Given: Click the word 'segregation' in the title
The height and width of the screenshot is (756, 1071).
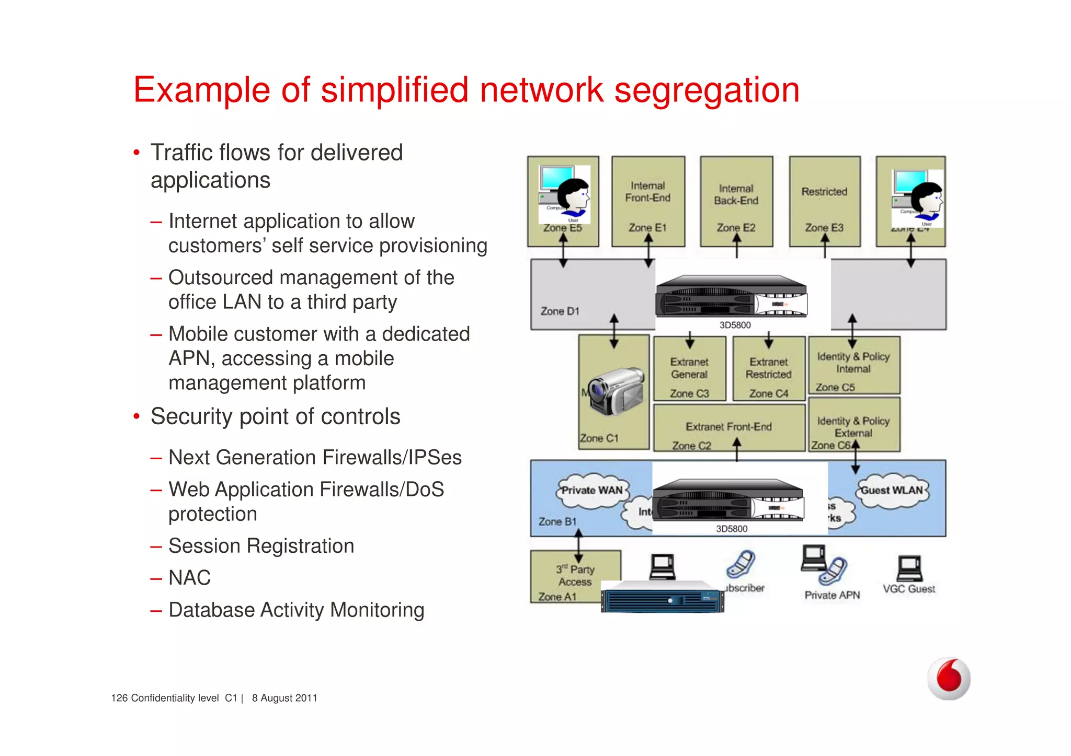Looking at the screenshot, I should (707, 90).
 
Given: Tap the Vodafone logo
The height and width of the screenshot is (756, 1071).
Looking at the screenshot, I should (949, 678).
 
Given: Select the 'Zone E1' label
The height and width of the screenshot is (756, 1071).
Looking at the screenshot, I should (647, 228).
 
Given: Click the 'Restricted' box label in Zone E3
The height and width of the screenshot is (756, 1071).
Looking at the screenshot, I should (824, 192).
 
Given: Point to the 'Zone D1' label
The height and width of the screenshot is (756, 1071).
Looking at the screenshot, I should (560, 311).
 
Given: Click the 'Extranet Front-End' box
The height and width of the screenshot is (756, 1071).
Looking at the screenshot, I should (728, 427).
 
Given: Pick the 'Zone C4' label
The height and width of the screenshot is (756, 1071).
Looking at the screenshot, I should (768, 393).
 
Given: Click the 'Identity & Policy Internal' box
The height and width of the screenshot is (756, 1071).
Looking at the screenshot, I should (853, 363).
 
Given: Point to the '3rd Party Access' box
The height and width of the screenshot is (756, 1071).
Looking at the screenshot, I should (575, 576).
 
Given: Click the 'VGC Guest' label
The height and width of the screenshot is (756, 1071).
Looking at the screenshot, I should (909, 589).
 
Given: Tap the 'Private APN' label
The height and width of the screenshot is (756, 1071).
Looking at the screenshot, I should (832, 595).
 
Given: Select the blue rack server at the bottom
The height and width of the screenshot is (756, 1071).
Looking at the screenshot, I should (663, 597).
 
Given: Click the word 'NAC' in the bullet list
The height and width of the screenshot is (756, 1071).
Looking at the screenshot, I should (189, 578).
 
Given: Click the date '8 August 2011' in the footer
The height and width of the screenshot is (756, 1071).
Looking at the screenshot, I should (284, 698).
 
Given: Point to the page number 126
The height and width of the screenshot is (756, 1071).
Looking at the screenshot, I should (119, 698).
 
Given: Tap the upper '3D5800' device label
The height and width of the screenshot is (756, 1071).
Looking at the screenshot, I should (735, 325).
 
